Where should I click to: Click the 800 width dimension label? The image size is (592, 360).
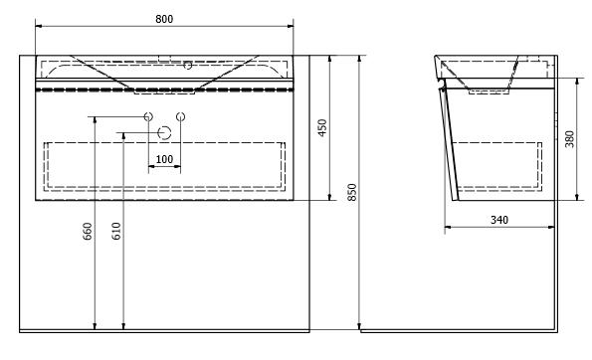coord(164,19)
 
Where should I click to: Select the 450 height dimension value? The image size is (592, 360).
coord(322,127)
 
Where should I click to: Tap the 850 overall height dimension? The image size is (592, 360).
coord(352,192)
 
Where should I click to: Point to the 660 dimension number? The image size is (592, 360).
coord(88,232)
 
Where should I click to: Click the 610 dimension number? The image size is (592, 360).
coord(116,231)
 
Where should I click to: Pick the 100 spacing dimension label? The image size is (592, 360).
coord(164,159)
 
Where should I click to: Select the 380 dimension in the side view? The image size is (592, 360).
coord(570,139)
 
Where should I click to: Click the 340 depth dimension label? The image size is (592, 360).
coord(499,220)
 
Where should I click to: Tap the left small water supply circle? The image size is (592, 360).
coord(148,116)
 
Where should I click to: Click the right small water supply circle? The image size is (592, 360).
coord(181,116)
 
